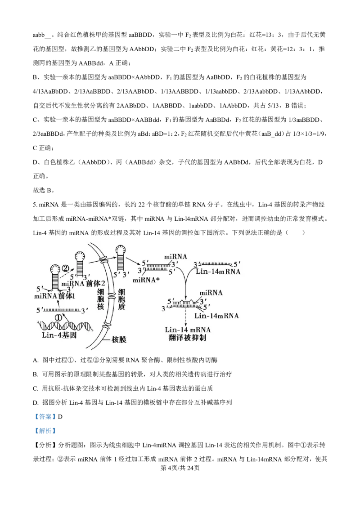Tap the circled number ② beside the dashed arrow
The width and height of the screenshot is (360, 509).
[66, 268]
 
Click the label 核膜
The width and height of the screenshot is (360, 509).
[118, 340]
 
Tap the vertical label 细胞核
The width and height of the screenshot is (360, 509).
[101, 301]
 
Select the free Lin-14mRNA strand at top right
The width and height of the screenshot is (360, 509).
[215, 263]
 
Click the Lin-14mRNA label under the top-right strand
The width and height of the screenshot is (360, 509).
[218, 272]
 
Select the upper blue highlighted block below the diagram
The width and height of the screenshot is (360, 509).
[45, 416]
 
